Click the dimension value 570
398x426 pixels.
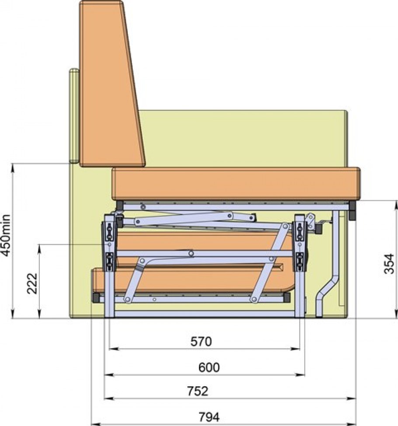201,341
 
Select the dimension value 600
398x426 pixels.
209,368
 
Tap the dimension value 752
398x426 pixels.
198,391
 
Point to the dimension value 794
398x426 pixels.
209,417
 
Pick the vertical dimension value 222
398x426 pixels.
32,283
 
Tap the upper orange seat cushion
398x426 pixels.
236,184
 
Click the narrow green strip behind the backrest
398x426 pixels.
74,116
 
